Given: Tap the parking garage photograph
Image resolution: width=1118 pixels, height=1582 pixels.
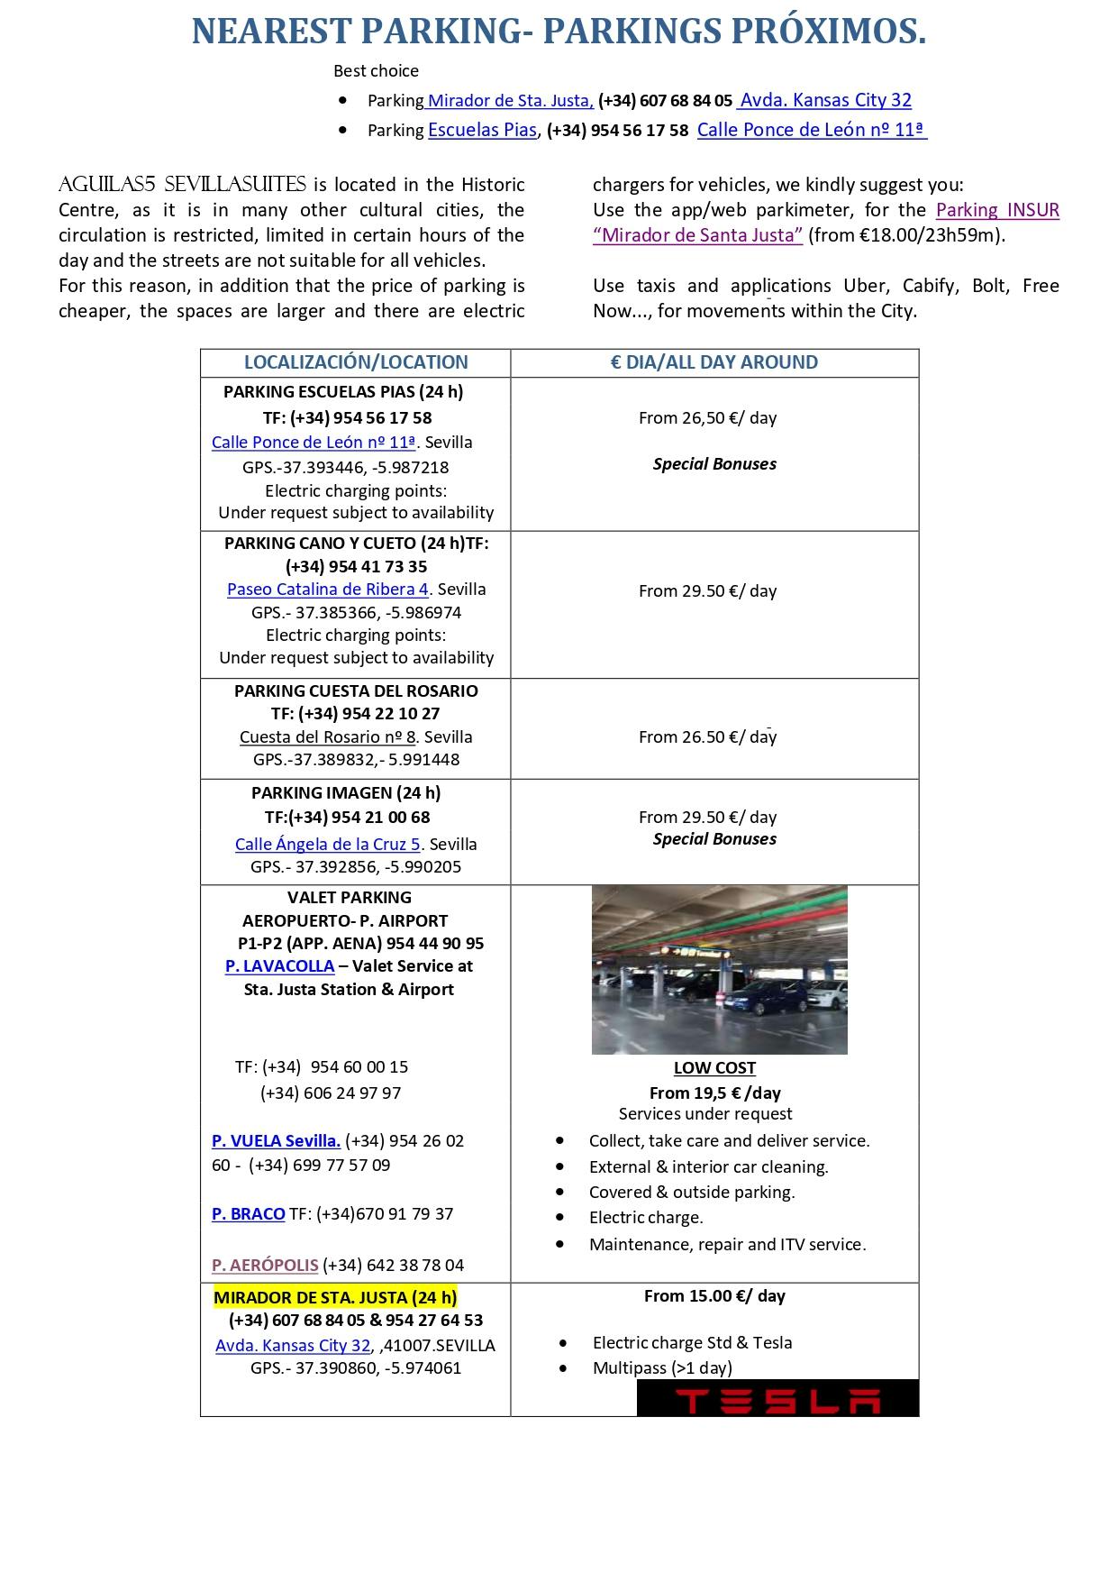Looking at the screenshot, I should click(719, 970).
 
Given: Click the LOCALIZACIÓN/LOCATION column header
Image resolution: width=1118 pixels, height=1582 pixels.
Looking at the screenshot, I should click(356, 362).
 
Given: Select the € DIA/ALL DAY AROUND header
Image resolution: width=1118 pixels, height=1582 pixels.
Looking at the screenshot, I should click(714, 362).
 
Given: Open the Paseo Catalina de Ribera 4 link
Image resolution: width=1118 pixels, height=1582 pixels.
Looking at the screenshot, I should click(328, 590).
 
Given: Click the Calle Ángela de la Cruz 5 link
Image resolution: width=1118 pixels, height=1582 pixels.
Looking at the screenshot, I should click(328, 845).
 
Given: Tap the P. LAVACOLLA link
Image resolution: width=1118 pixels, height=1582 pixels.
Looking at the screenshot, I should click(279, 966).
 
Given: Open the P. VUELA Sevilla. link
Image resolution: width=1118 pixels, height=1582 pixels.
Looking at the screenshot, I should click(276, 1141).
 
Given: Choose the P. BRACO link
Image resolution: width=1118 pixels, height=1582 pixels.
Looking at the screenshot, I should click(248, 1214).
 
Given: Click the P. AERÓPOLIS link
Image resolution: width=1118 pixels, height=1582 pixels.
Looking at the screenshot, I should click(265, 1266).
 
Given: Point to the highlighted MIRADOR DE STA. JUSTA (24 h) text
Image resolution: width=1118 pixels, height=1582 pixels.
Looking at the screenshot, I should click(335, 1298).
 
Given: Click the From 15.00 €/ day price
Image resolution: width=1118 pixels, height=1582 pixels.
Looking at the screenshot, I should click(714, 1296).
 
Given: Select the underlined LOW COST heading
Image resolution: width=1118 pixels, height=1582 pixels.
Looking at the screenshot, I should click(714, 1068).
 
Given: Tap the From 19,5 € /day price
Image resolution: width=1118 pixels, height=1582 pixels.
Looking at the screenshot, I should click(714, 1093).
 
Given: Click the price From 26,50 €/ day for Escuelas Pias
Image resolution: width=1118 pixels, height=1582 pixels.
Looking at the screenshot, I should click(707, 418).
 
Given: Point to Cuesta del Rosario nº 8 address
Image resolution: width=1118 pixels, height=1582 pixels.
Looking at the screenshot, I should click(328, 737).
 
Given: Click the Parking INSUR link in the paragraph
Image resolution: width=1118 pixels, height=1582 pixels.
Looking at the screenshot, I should click(997, 210).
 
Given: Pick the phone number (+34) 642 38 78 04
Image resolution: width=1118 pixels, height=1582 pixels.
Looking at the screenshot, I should click(394, 1266).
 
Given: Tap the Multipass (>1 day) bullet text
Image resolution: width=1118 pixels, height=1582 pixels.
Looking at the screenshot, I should click(662, 1368).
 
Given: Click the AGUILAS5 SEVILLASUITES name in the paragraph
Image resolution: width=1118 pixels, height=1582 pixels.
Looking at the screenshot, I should click(182, 185).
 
